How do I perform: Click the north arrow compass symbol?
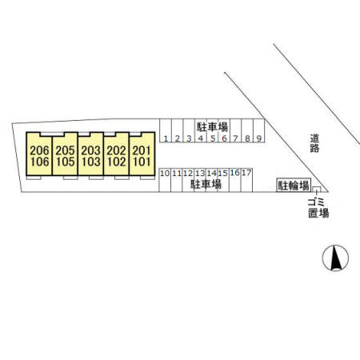tap(335, 258)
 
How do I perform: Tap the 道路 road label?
tap(314, 143)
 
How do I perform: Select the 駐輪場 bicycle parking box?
tap(294, 185)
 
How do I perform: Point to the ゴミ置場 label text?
tap(318, 208)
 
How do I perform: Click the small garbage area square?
tap(317, 189)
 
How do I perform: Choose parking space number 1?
tap(166, 130)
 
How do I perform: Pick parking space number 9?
tap(258, 130)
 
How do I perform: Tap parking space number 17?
tap(246, 180)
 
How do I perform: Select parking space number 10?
tap(165, 180)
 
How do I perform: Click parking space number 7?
tap(235, 130)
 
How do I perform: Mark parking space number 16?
tap(235, 180)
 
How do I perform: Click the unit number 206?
tap(39, 150)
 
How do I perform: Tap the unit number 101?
tap(142, 162)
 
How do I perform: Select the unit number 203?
tap(90, 150)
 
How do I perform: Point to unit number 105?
tap(66, 162)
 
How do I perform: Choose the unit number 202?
tap(116, 150)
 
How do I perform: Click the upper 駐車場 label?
tap(213, 127)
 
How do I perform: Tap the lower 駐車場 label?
tap(206, 184)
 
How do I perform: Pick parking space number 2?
tap(178, 130)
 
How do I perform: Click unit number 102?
tap(117, 162)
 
